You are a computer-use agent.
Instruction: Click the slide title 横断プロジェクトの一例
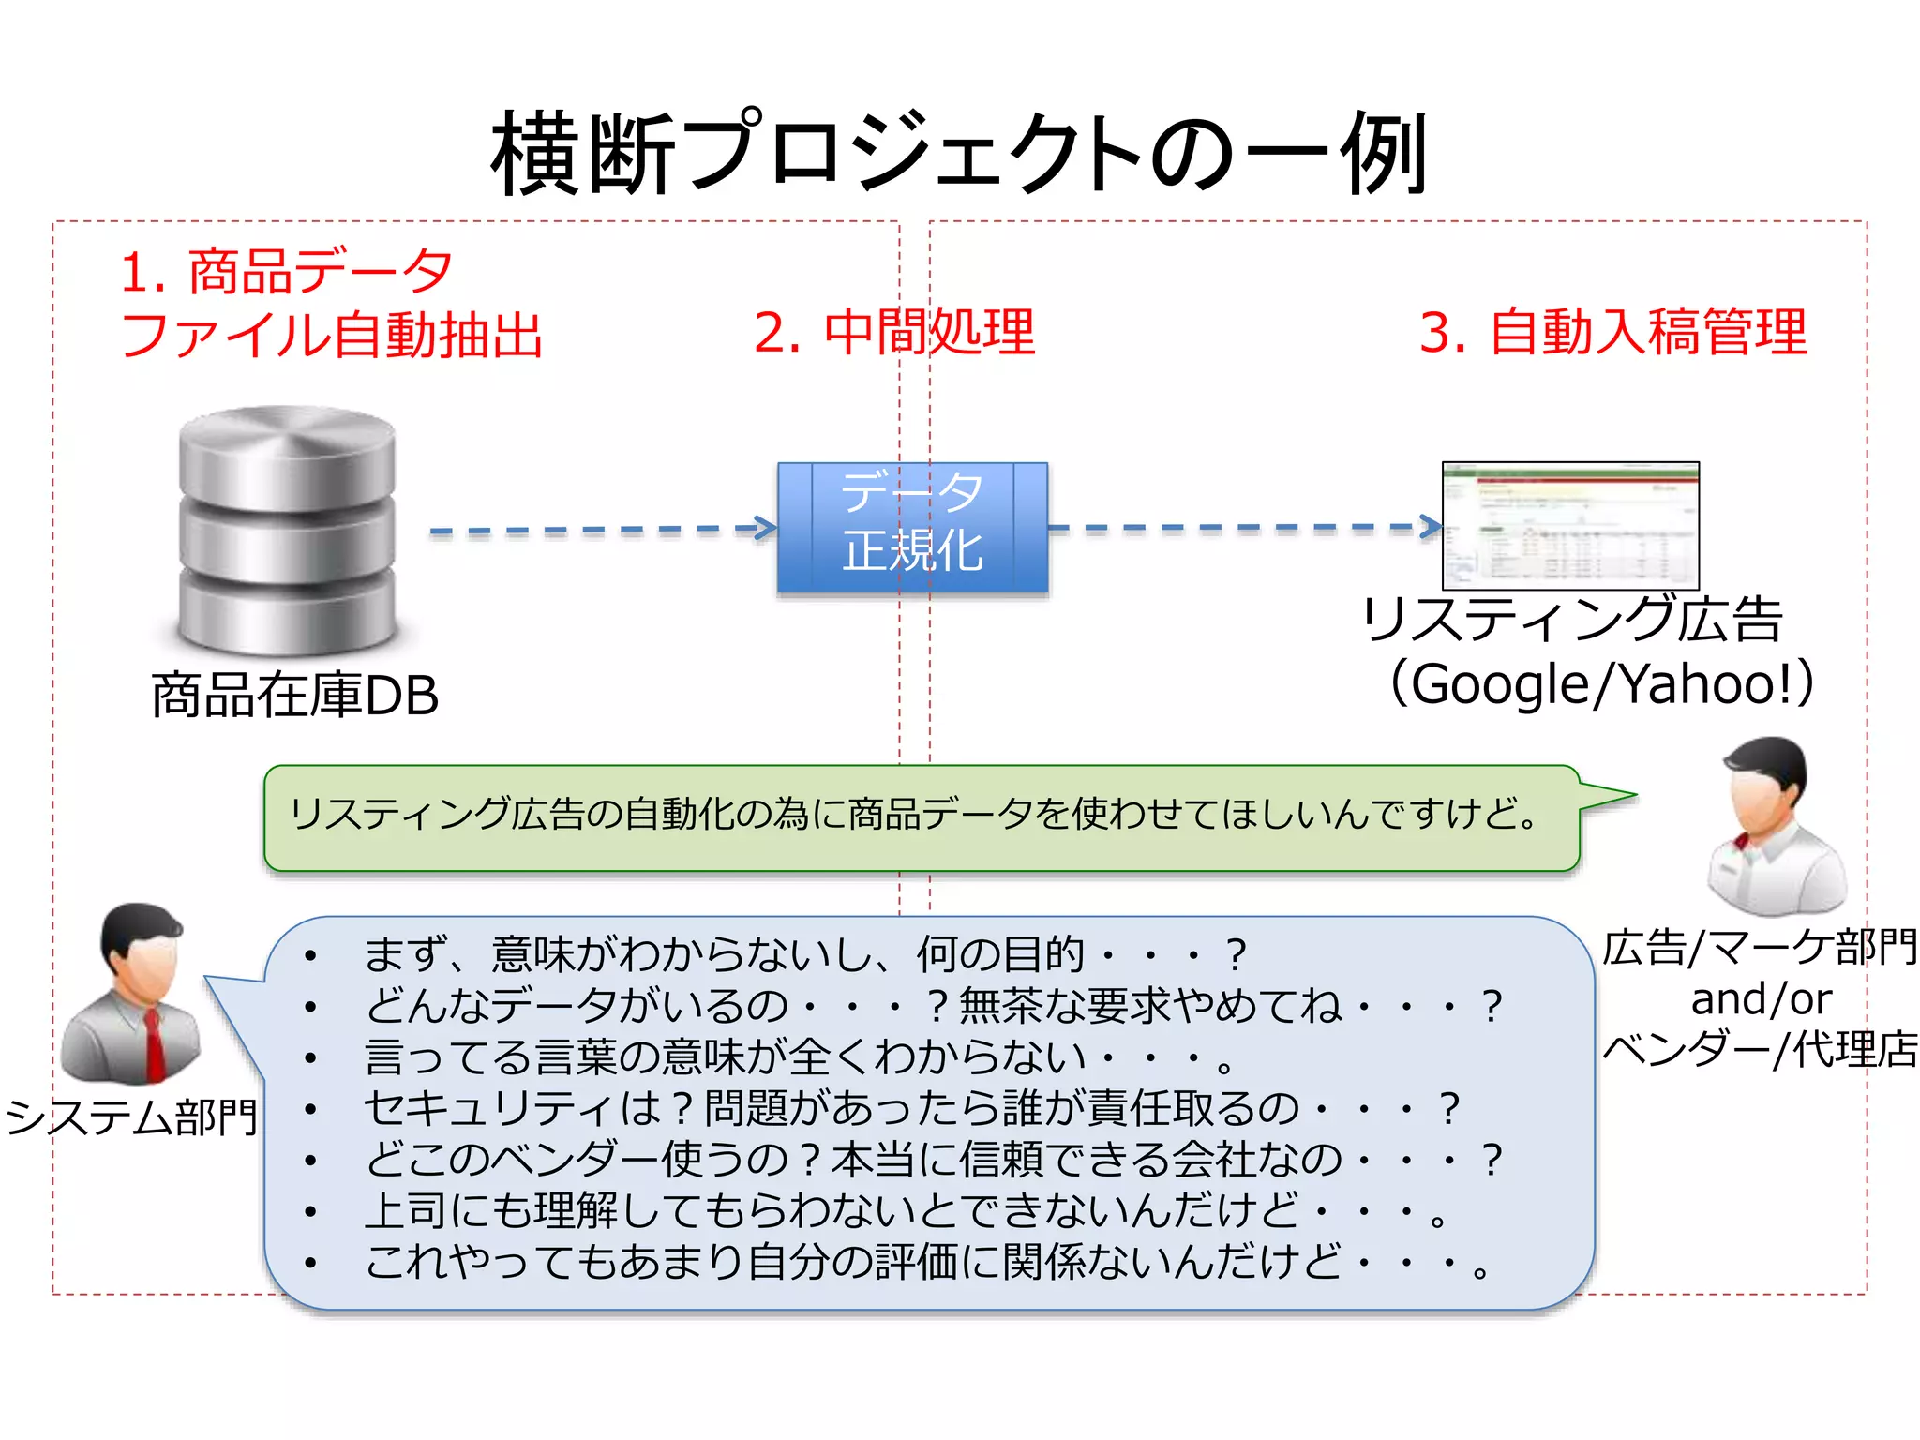pyautogui.click(x=958, y=153)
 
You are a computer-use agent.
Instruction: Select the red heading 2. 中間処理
pyautogui.click(x=894, y=332)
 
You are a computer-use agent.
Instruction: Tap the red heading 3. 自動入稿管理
pyautogui.click(x=1612, y=332)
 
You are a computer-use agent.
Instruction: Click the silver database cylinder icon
pyautogui.click(x=288, y=530)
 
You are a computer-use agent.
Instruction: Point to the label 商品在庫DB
pyautogui.click(x=294, y=696)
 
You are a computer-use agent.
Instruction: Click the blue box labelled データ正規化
pyautogui.click(x=912, y=527)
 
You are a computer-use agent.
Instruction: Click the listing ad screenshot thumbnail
pyautogui.click(x=1570, y=525)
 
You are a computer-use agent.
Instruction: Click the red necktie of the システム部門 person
pyautogui.click(x=154, y=1045)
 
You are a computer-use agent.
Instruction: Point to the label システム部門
pyautogui.click(x=131, y=1117)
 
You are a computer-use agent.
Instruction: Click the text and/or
pyautogui.click(x=1761, y=999)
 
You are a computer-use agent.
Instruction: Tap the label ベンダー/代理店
pyautogui.click(x=1761, y=1050)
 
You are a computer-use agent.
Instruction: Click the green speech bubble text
pyautogui.click(x=914, y=814)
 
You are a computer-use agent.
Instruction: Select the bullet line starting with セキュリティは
pyautogui.click(x=909, y=1109)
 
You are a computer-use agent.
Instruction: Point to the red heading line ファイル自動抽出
pyautogui.click(x=332, y=335)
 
